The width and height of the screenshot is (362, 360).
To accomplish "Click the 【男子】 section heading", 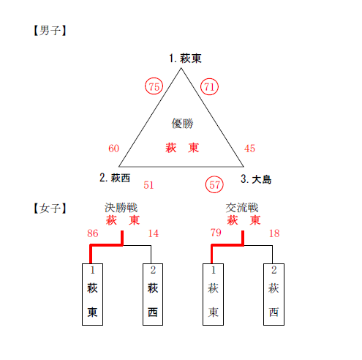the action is pyautogui.click(x=50, y=31).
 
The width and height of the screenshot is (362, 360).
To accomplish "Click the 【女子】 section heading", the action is pyautogui.click(x=50, y=209).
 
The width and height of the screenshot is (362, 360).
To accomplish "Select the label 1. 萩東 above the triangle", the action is pyautogui.click(x=185, y=59).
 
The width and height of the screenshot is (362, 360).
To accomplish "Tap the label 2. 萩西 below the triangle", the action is pyautogui.click(x=115, y=178).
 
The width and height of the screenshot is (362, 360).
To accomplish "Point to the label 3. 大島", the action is pyautogui.click(x=256, y=179).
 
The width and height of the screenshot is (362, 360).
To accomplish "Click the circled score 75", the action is pyautogui.click(x=154, y=86).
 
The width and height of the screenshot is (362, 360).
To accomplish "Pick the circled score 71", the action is pyautogui.click(x=209, y=86).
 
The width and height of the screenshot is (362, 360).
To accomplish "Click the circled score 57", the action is pyautogui.click(x=214, y=184).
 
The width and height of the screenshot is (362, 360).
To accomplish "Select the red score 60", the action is pyautogui.click(x=113, y=149).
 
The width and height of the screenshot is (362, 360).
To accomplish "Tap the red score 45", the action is pyautogui.click(x=249, y=149).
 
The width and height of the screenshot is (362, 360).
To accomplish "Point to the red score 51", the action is pyautogui.click(x=148, y=185).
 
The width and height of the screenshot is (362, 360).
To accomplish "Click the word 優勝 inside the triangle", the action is pyautogui.click(x=182, y=124).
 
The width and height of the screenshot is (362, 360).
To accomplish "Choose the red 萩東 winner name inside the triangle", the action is pyautogui.click(x=182, y=148).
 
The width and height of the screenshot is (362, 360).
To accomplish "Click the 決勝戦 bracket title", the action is pyautogui.click(x=121, y=208).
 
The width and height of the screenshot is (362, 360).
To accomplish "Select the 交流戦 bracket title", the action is pyautogui.click(x=242, y=208).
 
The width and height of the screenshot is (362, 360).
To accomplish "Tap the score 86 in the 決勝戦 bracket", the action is pyautogui.click(x=93, y=233).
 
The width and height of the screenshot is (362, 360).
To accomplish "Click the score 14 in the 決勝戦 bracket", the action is pyautogui.click(x=154, y=233).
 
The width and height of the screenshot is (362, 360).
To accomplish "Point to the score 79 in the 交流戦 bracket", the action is pyautogui.click(x=216, y=233).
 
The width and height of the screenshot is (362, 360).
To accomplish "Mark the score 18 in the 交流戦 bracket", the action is pyautogui.click(x=274, y=233).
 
